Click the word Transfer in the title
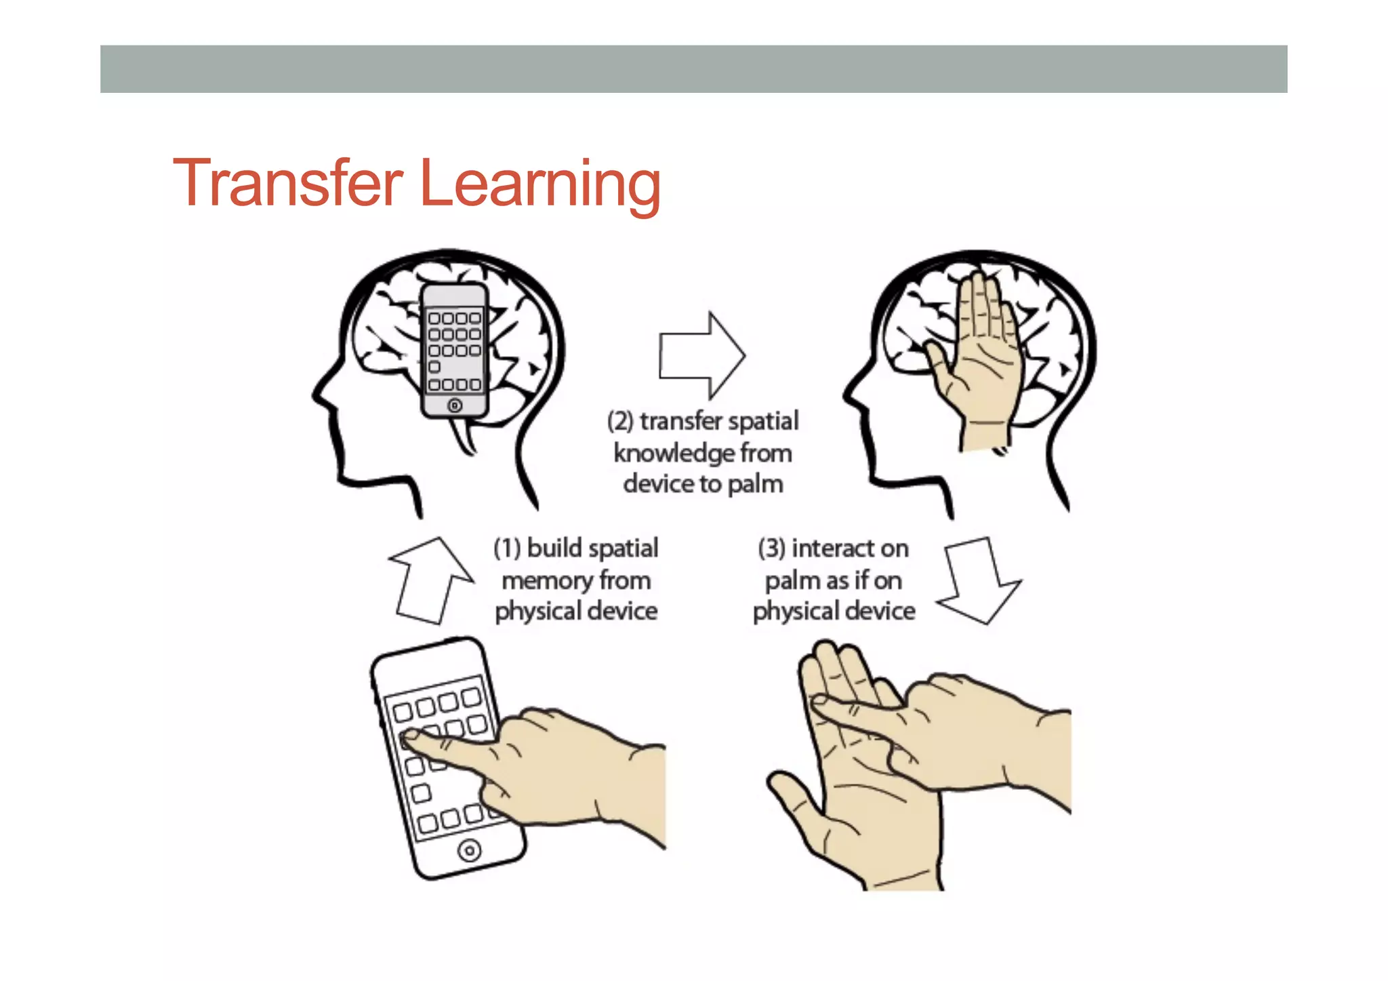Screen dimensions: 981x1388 point(287,183)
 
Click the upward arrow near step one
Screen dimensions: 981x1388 point(431,580)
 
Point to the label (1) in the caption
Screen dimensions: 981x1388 point(507,548)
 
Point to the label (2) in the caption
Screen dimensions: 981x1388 point(620,421)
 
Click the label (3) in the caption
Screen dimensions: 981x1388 point(771,548)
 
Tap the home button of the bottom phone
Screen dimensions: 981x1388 point(469,850)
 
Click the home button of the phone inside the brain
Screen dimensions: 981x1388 point(455,405)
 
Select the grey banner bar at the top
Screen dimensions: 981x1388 point(693,69)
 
